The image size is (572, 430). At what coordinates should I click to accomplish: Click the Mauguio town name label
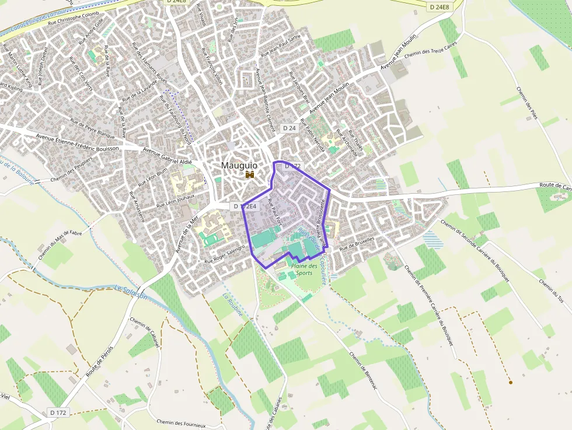[239, 165]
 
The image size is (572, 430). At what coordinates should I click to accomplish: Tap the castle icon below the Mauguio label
[250, 174]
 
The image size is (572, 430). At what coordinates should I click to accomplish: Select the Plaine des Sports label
[304, 270]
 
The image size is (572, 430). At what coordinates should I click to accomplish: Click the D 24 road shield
[290, 128]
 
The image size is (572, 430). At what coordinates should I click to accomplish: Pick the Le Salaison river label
[131, 292]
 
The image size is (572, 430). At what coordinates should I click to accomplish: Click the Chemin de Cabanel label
[145, 333]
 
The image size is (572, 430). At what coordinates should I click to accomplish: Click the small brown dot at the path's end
[510, 382]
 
